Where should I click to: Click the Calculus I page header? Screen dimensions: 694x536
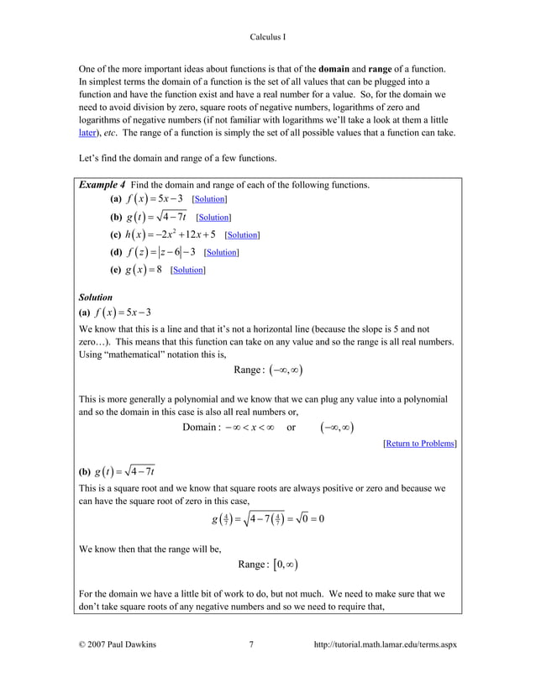(x=268, y=37)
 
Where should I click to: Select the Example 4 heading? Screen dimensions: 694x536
(x=108, y=185)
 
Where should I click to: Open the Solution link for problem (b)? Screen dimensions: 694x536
(x=213, y=218)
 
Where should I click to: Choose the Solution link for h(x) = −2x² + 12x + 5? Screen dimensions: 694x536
(x=242, y=235)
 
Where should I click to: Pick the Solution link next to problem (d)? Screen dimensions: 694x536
(x=221, y=252)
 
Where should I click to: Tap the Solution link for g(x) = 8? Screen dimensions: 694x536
(x=187, y=270)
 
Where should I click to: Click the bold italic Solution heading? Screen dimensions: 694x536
(x=96, y=297)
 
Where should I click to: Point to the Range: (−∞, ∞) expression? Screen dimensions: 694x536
(x=268, y=371)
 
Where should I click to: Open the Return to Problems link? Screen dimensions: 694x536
(x=419, y=443)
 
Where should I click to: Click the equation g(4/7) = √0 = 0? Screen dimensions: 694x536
(x=268, y=518)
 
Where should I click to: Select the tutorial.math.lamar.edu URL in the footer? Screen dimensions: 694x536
(x=384, y=645)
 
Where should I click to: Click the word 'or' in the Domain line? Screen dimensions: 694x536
(x=291, y=428)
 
